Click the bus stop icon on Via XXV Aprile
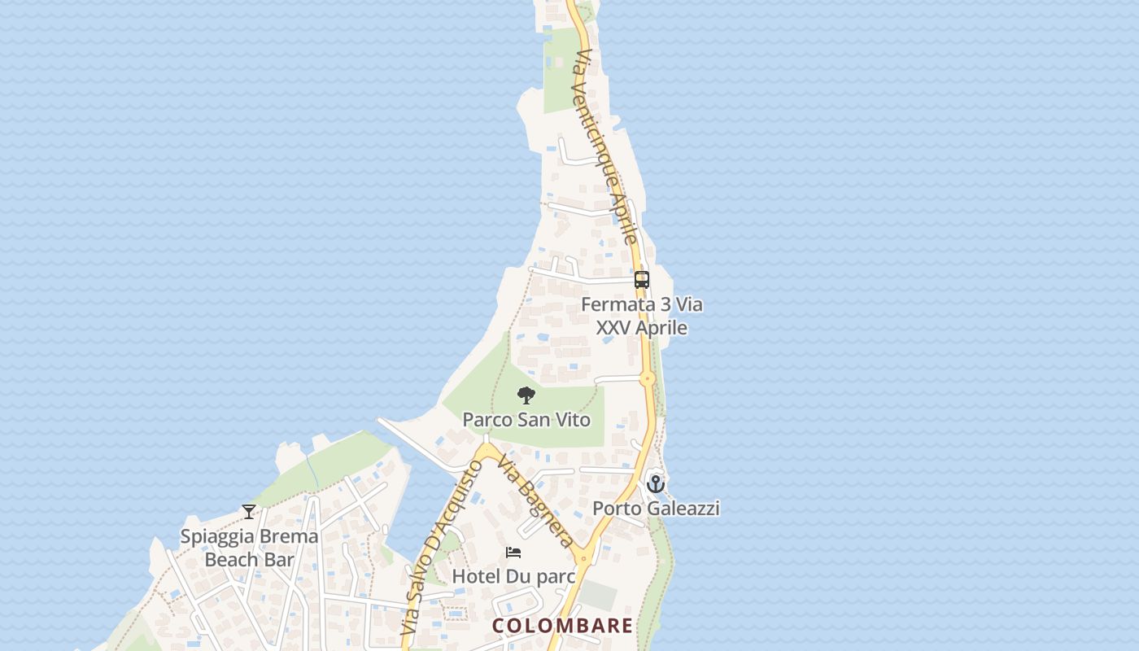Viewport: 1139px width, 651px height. coord(642,280)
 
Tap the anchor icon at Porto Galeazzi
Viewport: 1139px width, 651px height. coord(656,483)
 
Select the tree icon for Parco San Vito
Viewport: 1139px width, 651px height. coord(526,396)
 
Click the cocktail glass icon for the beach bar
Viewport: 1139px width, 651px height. coord(249,512)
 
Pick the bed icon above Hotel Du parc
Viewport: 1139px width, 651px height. coord(513,553)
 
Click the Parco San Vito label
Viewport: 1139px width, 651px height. coord(526,420)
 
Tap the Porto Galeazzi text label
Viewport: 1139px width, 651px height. coord(656,509)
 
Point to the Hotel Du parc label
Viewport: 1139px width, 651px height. coord(513,576)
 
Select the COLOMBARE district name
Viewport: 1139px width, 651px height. coord(562,626)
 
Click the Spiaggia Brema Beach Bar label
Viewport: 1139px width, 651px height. coord(249,548)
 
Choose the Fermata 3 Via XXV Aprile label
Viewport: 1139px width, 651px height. coord(642,316)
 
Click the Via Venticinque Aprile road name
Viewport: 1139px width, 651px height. coord(605,146)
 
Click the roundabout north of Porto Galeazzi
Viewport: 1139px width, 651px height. coord(648,378)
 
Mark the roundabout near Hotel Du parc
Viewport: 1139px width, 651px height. coord(583,558)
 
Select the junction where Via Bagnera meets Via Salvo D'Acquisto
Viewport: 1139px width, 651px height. coord(487,450)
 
